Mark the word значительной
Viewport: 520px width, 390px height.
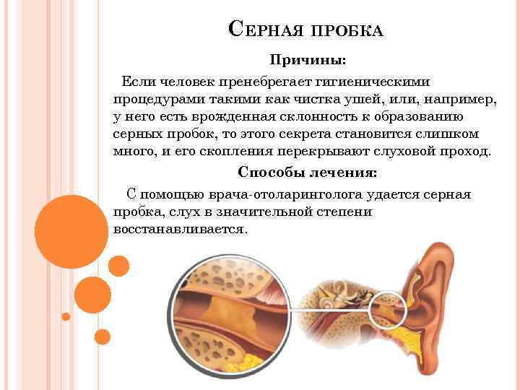click(x=269, y=212)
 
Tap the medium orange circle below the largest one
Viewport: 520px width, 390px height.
click(x=92, y=294)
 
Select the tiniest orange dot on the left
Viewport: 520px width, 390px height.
click(x=66, y=316)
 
